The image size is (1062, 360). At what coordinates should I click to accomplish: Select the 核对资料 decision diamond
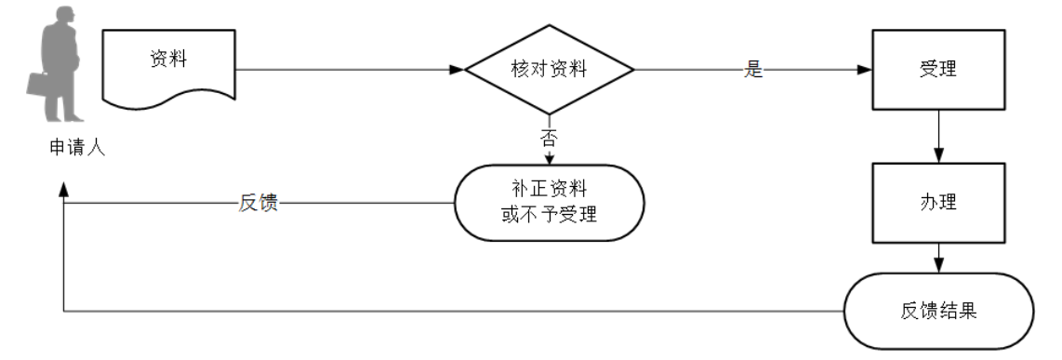click(549, 70)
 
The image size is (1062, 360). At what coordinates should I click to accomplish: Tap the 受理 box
click(937, 70)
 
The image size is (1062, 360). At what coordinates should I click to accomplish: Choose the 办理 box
click(937, 202)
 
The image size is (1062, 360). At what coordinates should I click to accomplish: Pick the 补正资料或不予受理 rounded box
click(549, 203)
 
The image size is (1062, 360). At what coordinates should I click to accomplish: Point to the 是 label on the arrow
click(753, 70)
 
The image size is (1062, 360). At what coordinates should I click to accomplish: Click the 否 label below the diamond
click(549, 139)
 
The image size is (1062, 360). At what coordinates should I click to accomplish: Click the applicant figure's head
click(63, 18)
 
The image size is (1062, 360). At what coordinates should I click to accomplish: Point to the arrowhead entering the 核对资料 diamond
click(457, 70)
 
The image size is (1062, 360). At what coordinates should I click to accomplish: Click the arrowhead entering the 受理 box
click(865, 70)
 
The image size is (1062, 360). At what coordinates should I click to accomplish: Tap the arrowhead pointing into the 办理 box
click(938, 155)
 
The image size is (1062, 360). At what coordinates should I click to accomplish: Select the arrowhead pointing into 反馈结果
click(938, 265)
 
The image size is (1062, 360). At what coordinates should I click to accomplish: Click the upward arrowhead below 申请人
click(63, 189)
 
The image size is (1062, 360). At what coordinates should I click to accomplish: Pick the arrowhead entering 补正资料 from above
click(549, 159)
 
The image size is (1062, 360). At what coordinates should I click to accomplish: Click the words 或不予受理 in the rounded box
click(549, 215)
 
